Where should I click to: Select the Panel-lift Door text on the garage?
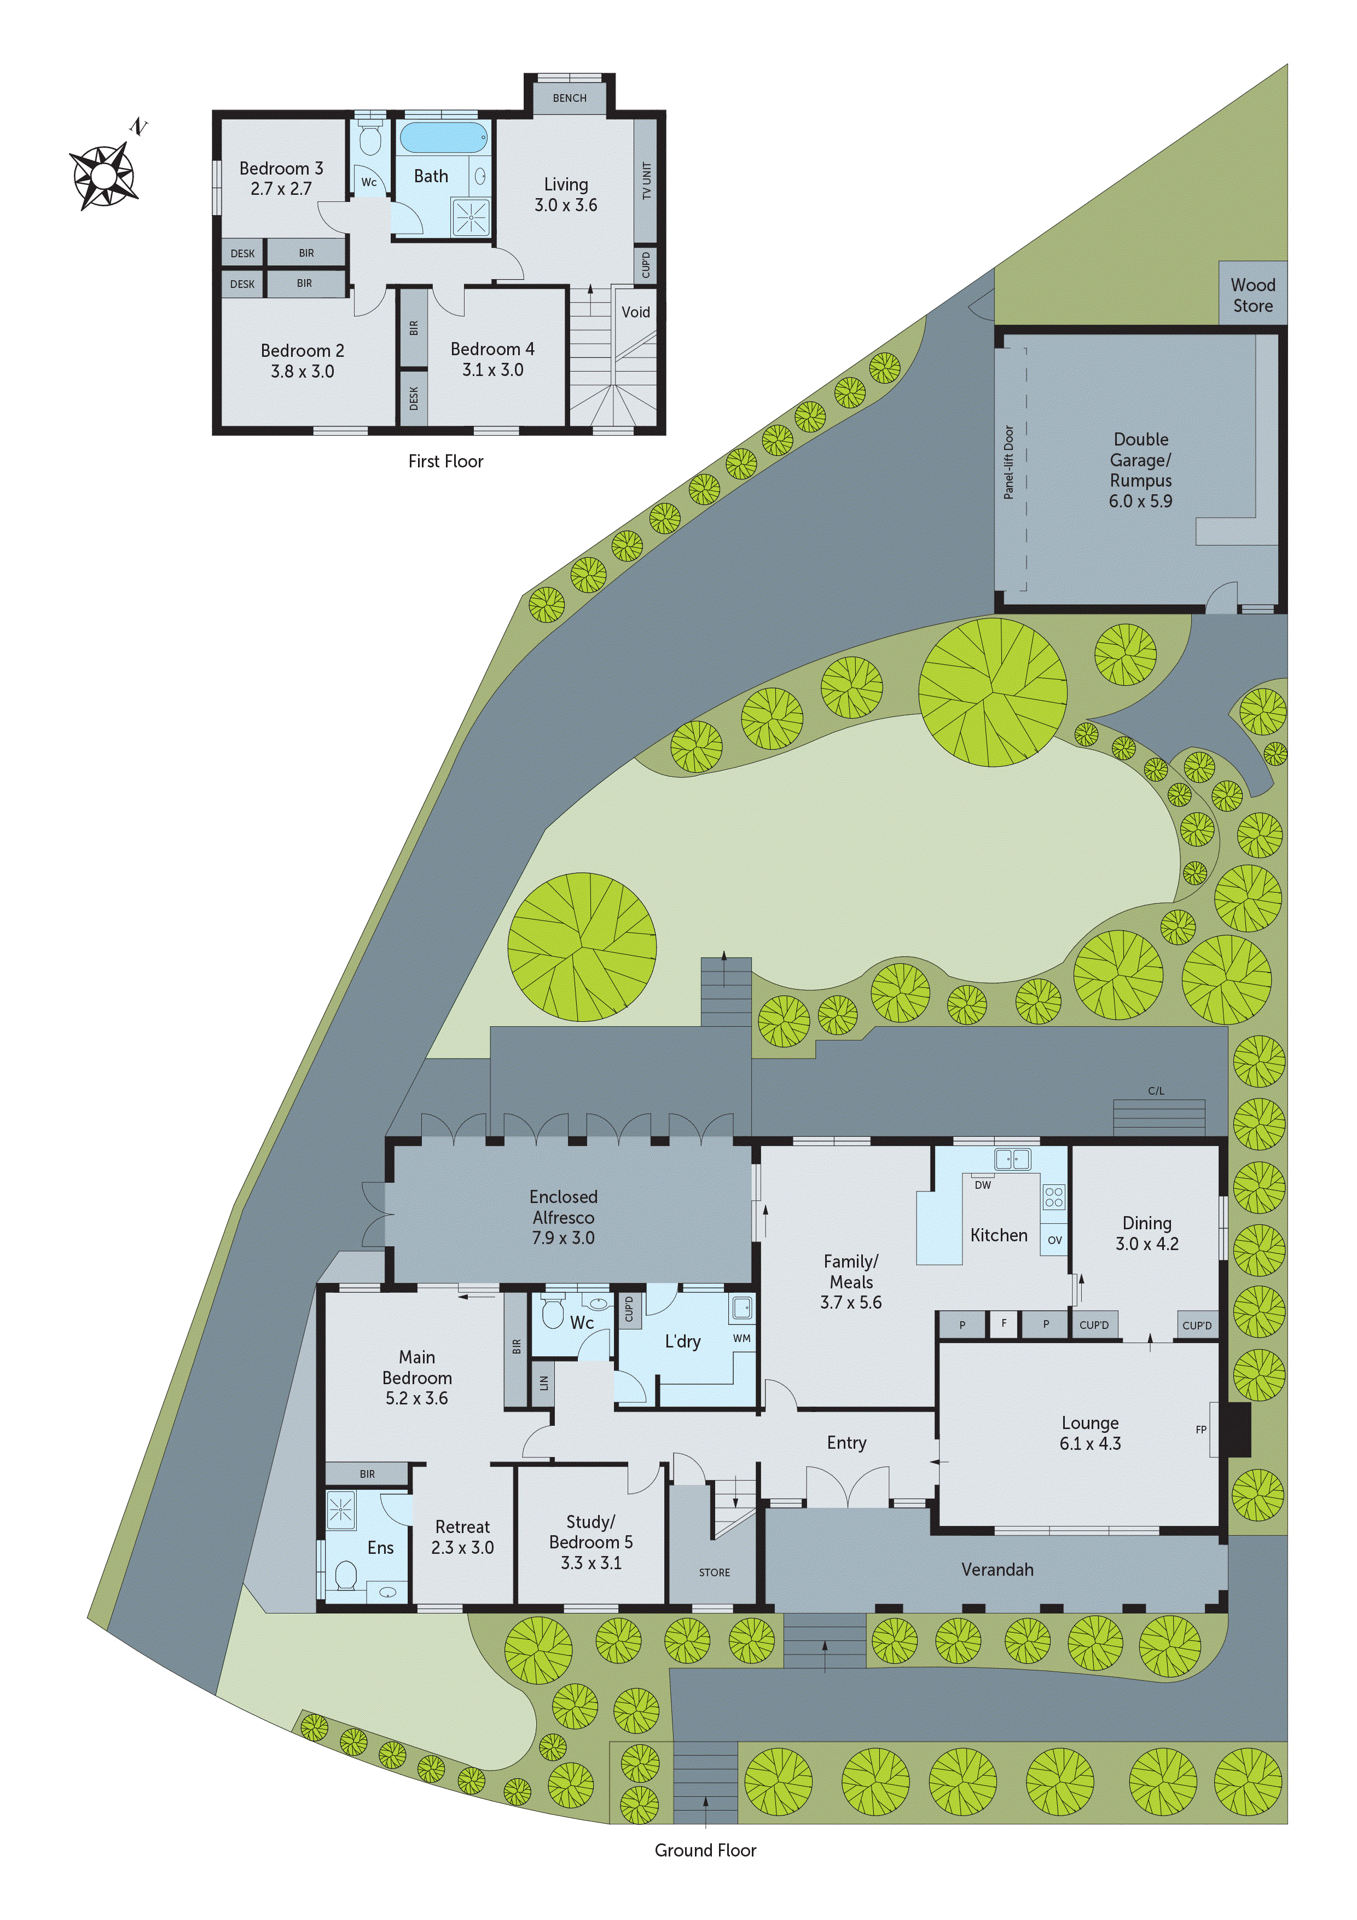1008,462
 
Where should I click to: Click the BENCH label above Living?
570,98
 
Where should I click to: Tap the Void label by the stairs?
635,312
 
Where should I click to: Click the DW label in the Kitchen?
982,1185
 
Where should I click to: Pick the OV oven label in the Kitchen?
1054,1240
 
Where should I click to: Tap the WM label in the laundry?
741,1338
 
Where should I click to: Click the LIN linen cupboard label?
543,1383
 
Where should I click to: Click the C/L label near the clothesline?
1156,1090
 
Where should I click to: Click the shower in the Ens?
341,1511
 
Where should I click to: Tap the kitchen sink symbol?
1012,1159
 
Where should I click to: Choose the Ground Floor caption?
705,1850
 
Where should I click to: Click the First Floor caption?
445,461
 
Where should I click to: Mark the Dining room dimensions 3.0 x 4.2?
1146,1244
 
